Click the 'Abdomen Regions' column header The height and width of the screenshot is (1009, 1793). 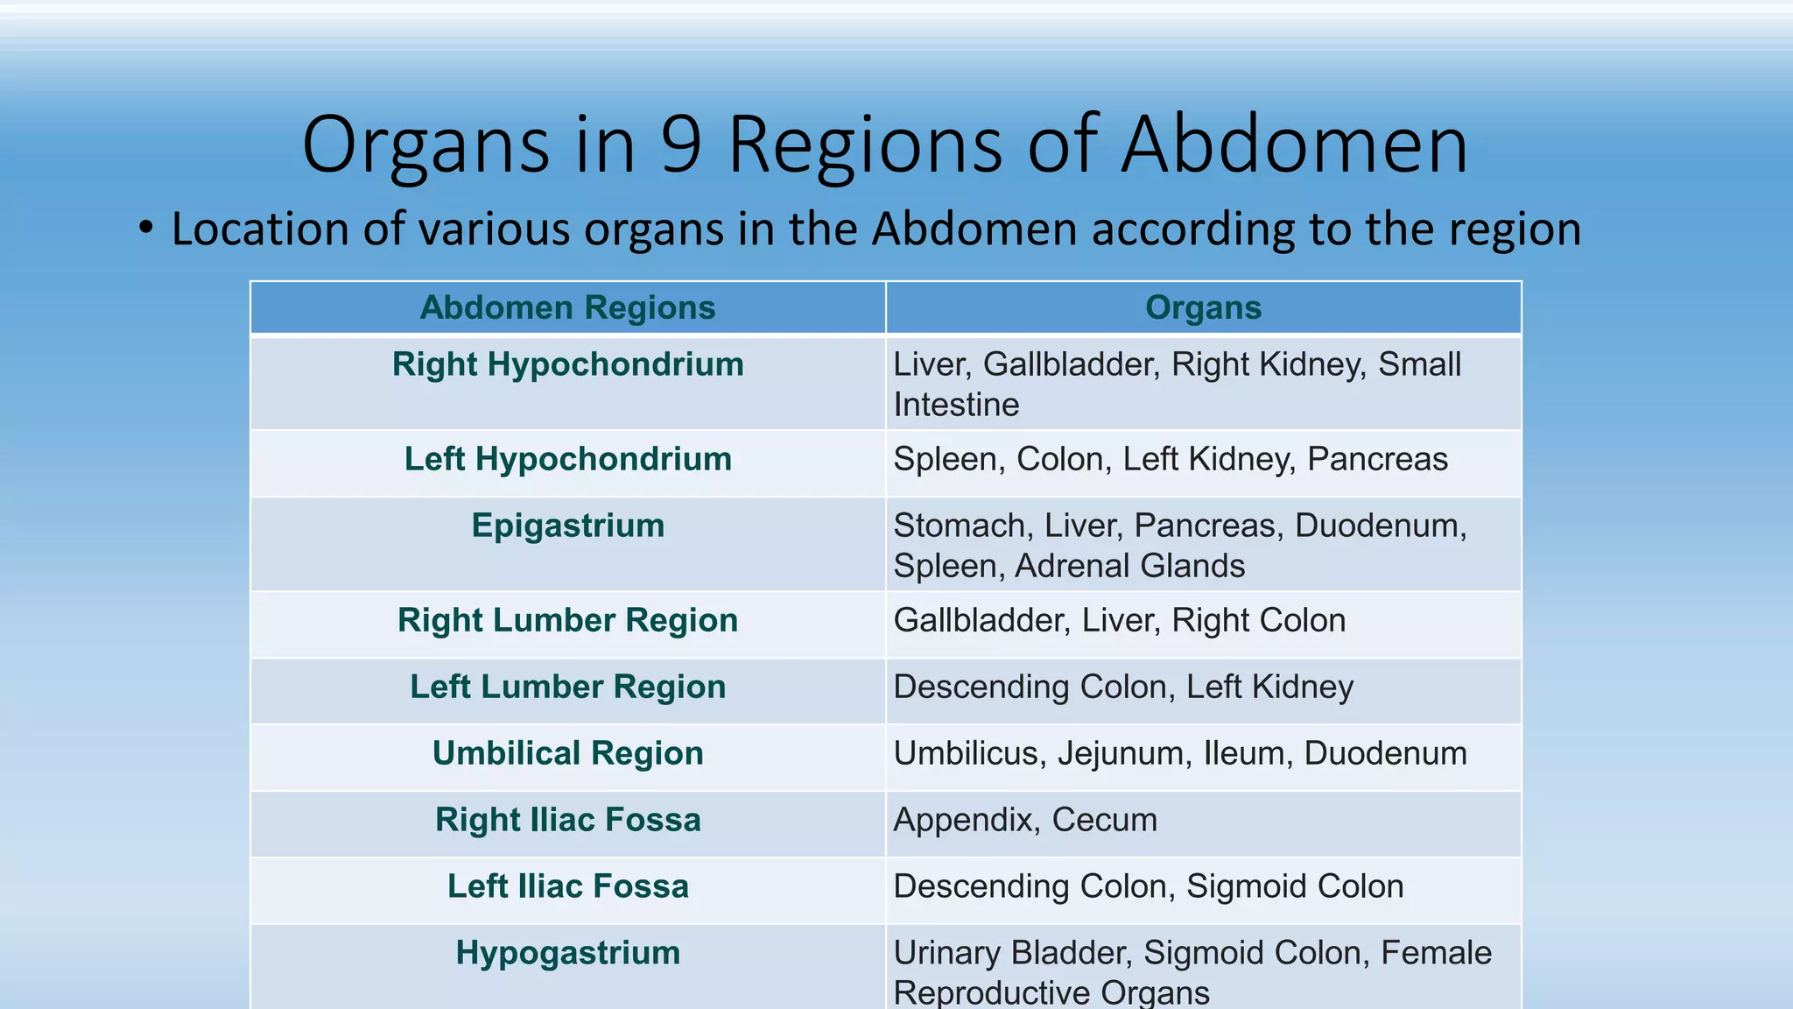[567, 308]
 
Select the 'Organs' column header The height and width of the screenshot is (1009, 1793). [1203, 308]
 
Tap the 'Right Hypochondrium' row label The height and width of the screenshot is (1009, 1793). [567, 364]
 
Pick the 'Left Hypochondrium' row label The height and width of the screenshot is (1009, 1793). [567, 459]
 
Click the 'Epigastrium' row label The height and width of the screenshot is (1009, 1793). [567, 526]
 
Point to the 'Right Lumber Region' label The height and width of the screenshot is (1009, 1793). [567, 620]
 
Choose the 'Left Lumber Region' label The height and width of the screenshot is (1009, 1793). [567, 687]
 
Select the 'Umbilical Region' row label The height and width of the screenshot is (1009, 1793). [567, 753]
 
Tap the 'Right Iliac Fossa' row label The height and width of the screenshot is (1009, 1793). [567, 820]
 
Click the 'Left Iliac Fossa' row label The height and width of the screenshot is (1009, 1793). [567, 886]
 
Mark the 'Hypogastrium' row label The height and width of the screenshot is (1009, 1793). [567, 953]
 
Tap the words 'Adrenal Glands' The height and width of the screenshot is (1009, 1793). [1129, 567]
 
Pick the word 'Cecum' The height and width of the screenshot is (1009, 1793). [1104, 821]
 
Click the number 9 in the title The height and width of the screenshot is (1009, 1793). [681, 145]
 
